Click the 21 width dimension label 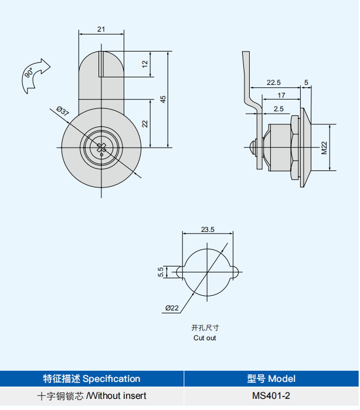[101, 29]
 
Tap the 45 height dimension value [163, 100]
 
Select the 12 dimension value [145, 64]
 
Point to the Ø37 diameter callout [63, 111]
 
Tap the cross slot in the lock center [101, 148]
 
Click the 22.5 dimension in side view [274, 83]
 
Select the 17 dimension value [281, 95]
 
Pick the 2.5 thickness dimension [279, 109]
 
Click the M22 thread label [324, 148]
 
